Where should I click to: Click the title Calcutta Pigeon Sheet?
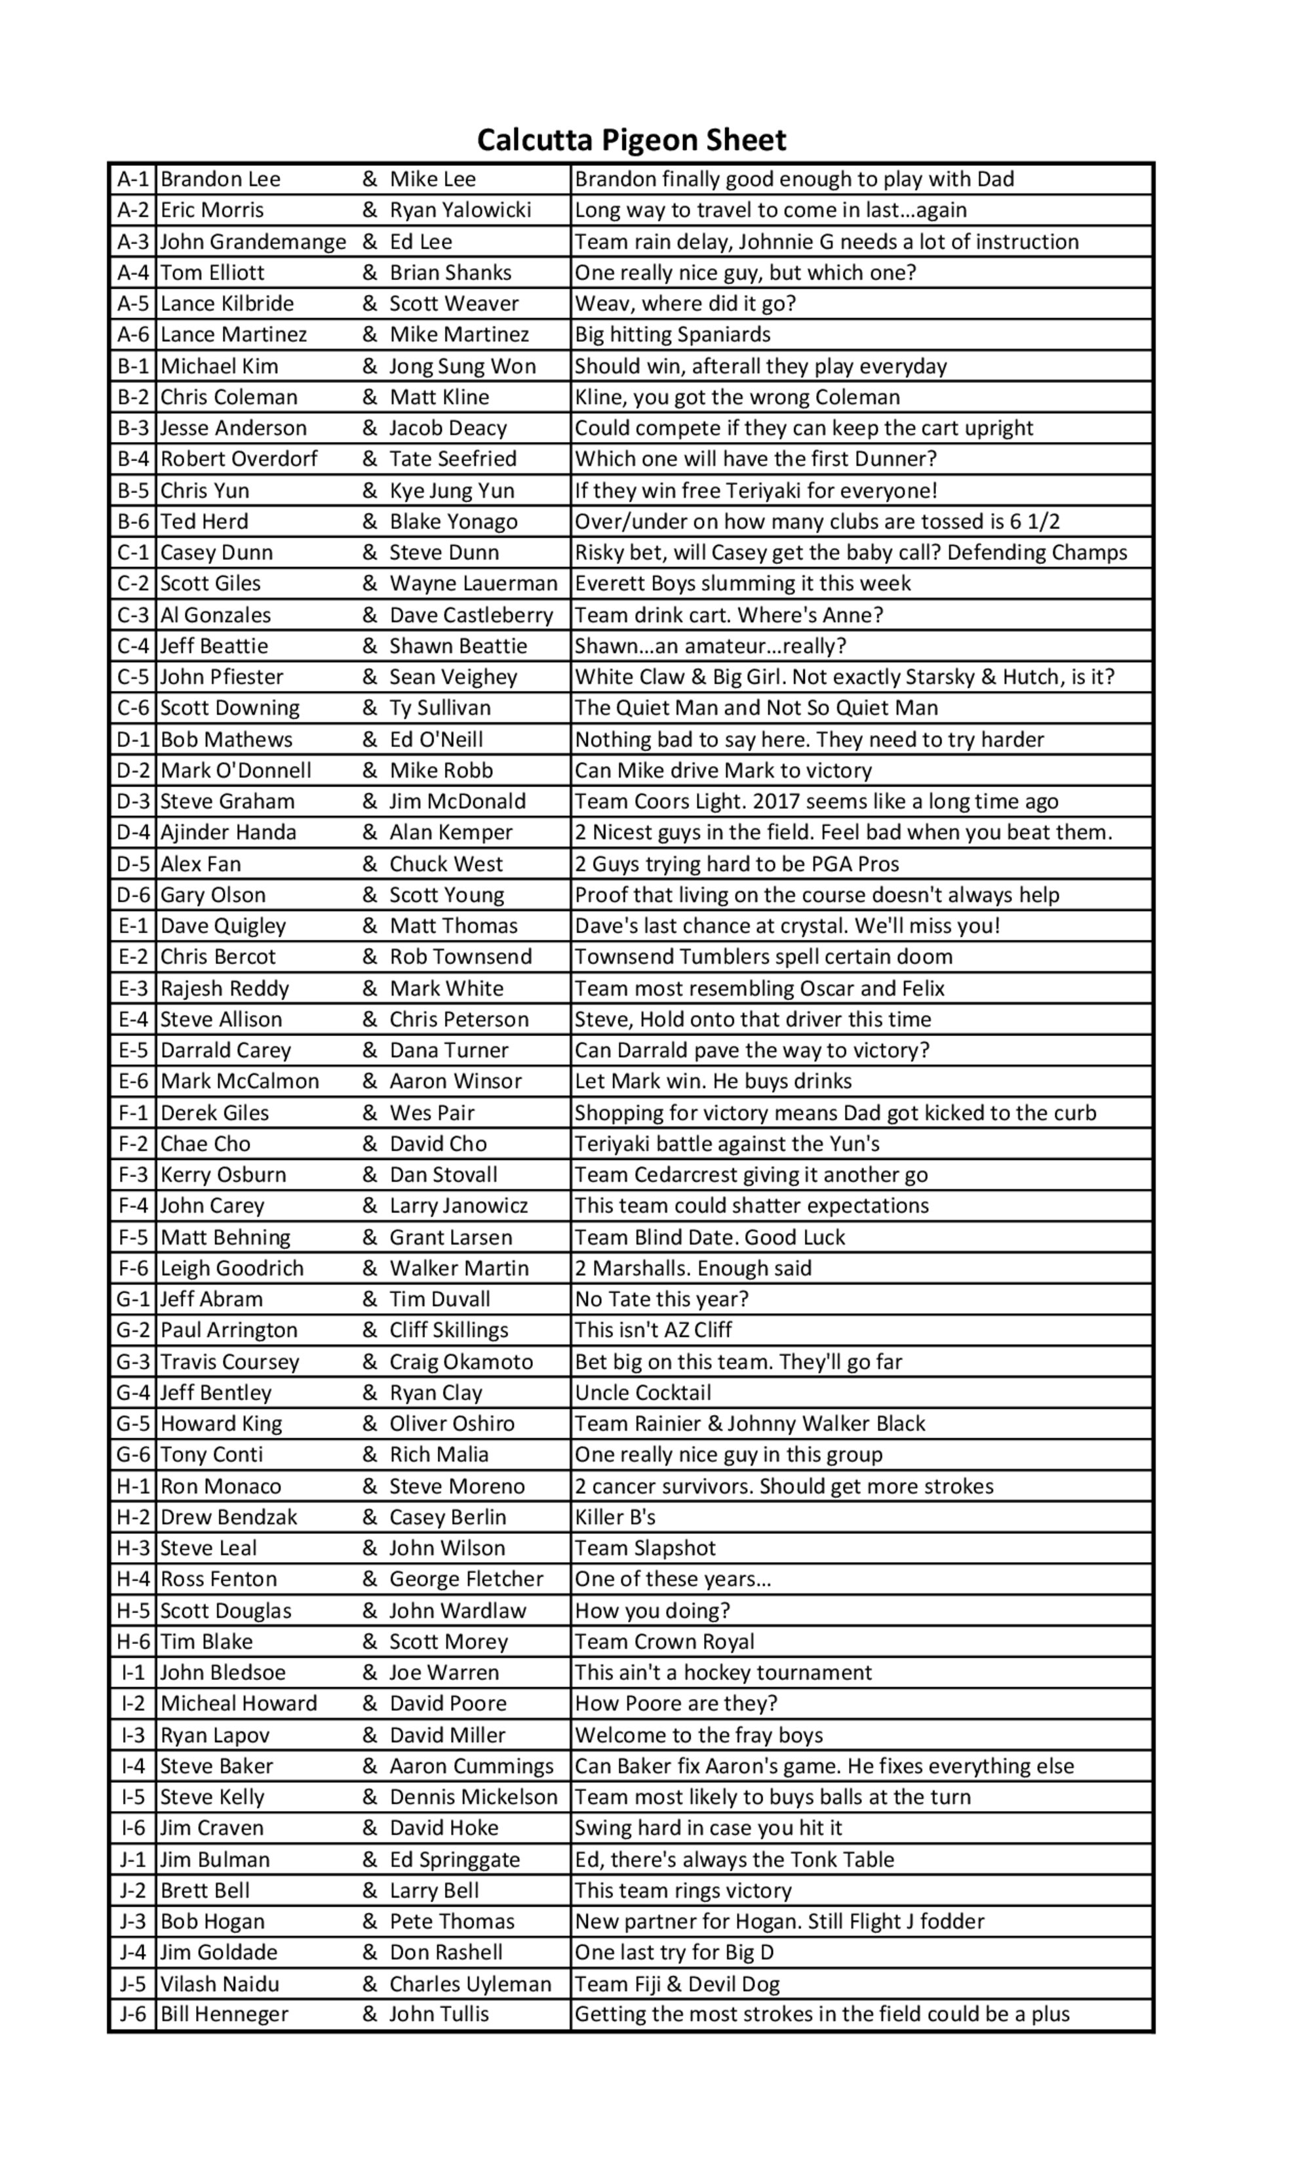point(631,140)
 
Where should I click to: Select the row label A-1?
point(133,180)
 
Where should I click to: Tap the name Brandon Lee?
point(220,180)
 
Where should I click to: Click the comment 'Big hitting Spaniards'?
point(672,335)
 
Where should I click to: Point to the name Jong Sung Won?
point(462,367)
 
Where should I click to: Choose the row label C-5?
point(133,677)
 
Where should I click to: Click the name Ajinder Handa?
point(228,832)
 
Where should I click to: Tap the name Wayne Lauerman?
point(473,584)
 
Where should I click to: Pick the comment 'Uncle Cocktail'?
point(642,1392)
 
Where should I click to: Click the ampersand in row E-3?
point(370,989)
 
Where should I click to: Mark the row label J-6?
point(133,2014)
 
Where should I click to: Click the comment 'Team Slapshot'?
point(645,1548)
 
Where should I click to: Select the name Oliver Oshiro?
point(452,1424)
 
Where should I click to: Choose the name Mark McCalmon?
point(239,1082)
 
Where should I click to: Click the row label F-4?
point(133,1207)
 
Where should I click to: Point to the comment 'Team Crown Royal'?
point(664,1641)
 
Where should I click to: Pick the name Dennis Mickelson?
point(473,1797)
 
